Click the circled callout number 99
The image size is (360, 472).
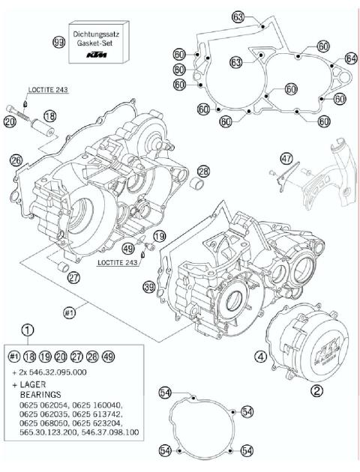coord(58,42)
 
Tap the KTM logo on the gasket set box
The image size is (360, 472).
coord(95,55)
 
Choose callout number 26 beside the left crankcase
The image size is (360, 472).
coord(16,159)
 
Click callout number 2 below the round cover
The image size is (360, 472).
coord(316,390)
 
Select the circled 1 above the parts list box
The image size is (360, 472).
coord(28,329)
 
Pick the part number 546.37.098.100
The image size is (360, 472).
coord(109,433)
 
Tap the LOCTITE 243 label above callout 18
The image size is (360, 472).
coord(49,90)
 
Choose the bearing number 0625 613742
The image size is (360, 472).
coord(110,413)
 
